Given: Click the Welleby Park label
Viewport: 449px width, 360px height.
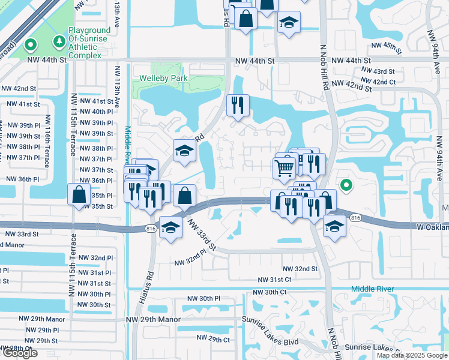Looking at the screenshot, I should coord(163,78).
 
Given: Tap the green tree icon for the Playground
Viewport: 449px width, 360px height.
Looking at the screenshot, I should coord(59,41).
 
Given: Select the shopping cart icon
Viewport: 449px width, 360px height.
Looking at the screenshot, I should coord(284,167).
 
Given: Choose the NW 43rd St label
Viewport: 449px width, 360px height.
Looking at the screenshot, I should coord(379,71).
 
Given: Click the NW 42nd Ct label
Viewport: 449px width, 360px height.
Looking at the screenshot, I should coord(380,82).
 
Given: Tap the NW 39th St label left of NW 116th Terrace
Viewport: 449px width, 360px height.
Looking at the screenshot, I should coord(20,136).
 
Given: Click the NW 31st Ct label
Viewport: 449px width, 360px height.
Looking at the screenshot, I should coord(274,280).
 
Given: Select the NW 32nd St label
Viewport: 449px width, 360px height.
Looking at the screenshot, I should coord(300,269).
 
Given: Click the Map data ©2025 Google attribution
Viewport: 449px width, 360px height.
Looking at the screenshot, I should coord(411,355).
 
